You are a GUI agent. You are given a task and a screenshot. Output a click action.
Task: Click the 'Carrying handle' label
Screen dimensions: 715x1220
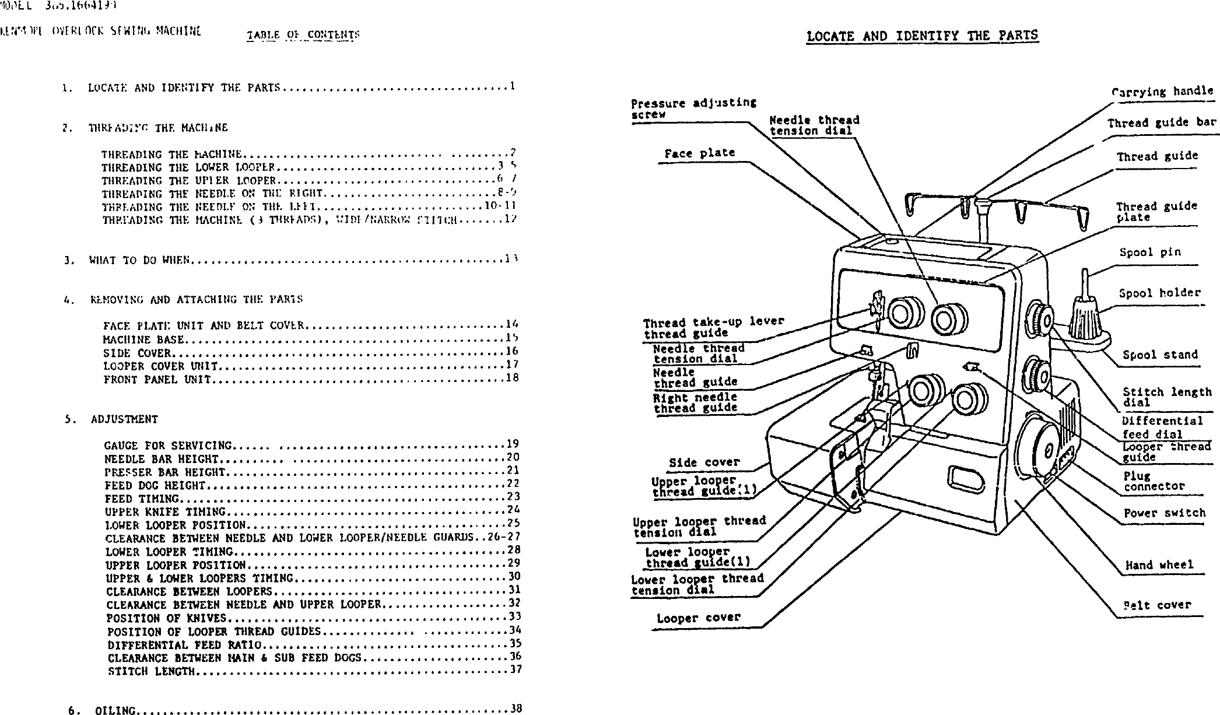1162,91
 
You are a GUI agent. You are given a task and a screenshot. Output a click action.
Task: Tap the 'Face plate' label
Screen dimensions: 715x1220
699,153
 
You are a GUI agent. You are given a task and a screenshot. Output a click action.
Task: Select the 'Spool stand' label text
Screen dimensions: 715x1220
1160,355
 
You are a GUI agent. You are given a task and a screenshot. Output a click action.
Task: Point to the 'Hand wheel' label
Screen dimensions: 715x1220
1159,565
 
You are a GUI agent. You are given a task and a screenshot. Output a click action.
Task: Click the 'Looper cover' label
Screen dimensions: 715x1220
698,618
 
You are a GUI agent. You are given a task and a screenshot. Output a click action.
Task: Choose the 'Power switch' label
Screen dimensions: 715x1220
1164,513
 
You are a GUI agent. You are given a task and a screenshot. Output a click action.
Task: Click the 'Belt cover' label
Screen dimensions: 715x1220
1158,605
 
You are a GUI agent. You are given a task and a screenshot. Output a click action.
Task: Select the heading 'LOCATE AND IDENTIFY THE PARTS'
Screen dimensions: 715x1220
922,36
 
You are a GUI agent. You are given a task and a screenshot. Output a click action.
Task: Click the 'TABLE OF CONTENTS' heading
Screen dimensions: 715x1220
303,34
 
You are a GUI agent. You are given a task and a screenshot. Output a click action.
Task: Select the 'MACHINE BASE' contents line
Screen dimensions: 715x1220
143,339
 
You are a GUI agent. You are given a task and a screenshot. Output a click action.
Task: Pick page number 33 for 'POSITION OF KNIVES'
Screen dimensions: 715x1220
514,616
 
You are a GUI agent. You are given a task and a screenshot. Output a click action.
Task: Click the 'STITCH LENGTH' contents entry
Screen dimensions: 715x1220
151,671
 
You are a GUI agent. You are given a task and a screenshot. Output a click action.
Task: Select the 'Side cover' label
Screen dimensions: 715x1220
704,462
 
